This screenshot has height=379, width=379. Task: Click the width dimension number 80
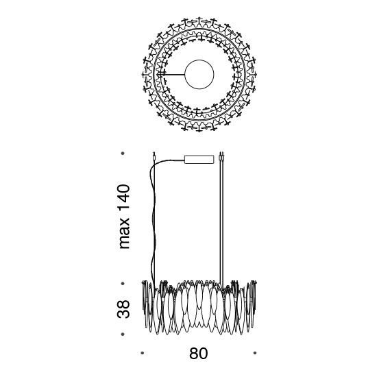199,354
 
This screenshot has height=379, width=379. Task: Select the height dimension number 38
123,308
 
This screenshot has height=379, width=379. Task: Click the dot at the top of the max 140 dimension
123,154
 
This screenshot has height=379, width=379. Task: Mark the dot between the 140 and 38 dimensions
123,283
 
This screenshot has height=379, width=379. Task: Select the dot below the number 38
123,334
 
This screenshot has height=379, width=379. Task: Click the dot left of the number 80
143,353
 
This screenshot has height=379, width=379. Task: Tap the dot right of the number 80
255,353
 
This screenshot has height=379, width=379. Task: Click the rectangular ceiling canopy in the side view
199,160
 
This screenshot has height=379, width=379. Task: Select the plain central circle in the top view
199,75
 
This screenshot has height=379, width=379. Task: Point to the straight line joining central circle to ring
172,75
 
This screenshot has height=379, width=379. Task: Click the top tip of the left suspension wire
154,152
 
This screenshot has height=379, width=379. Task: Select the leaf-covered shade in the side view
199,308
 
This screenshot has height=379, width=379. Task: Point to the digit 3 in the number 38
123,313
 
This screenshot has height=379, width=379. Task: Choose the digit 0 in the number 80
204,354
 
